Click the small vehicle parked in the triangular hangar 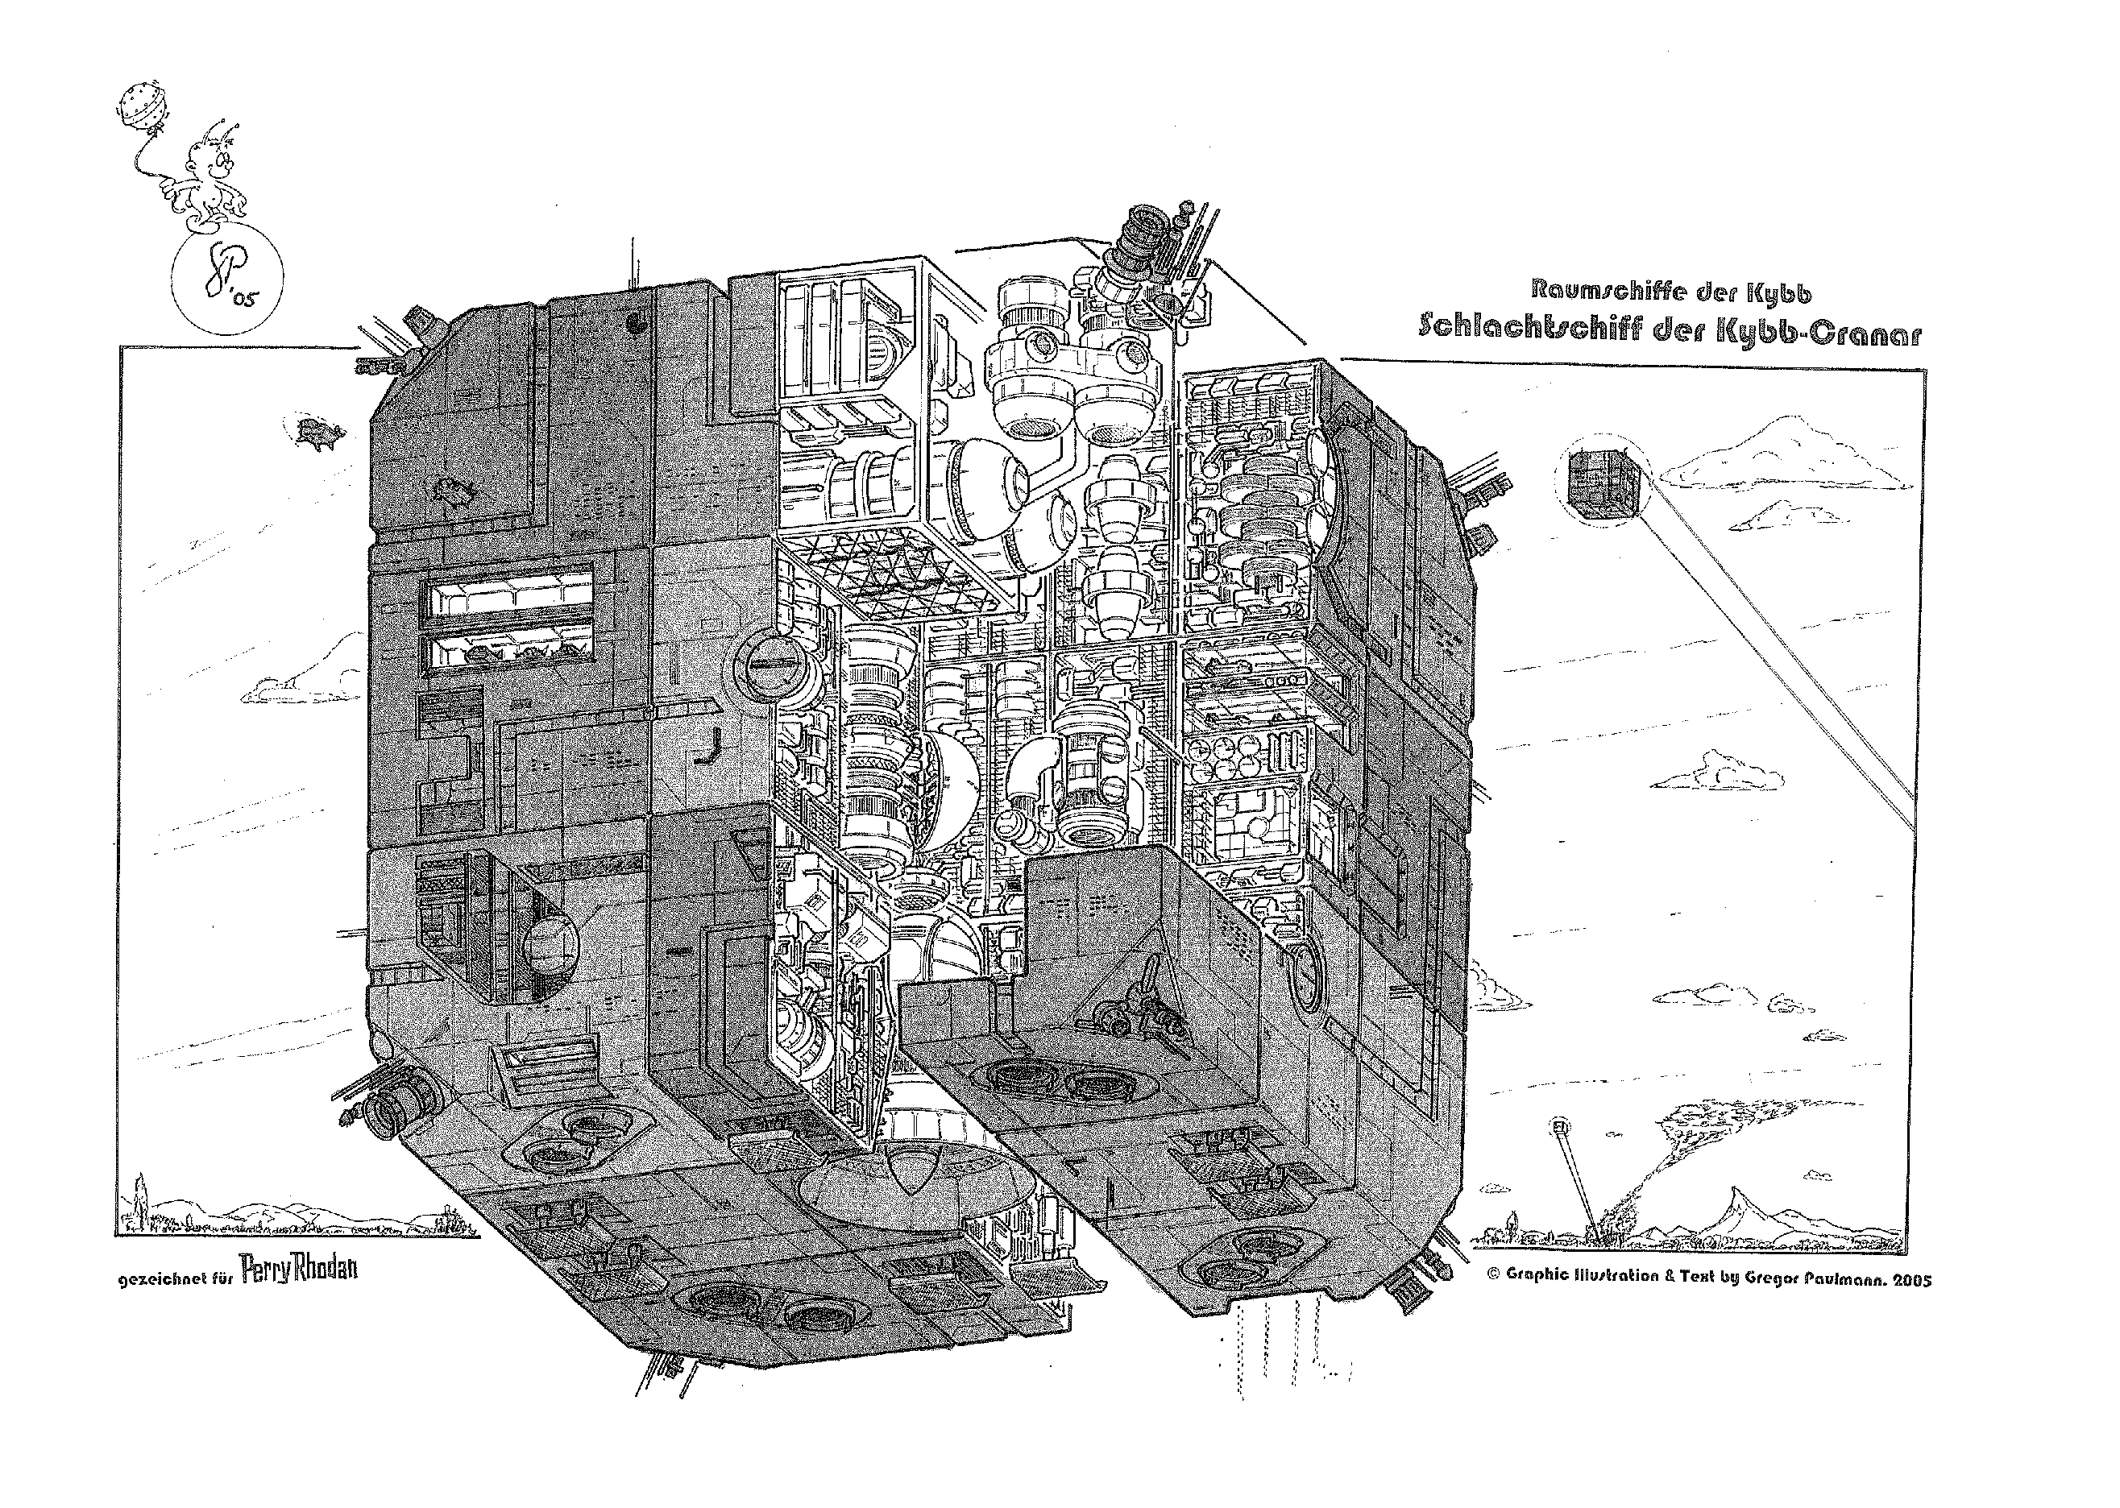[x=1138, y=1019]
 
